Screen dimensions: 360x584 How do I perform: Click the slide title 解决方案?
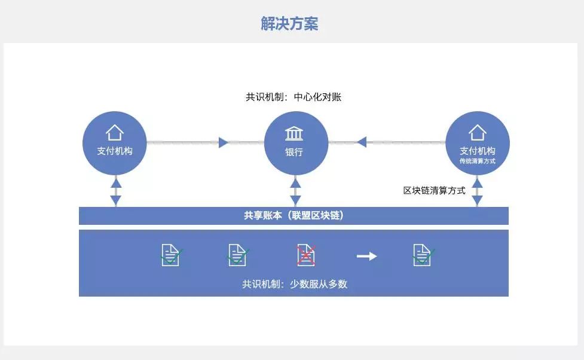pos(289,23)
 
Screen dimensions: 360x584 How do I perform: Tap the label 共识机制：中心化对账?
pos(293,97)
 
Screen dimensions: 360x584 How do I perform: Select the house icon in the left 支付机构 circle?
pos(114,132)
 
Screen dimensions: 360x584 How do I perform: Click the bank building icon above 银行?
pos(293,133)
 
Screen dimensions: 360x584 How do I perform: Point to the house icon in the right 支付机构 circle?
pos(477,132)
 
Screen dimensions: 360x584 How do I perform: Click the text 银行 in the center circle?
pos(294,152)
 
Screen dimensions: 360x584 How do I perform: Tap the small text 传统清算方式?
pos(477,161)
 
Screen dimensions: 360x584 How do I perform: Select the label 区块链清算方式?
pos(434,191)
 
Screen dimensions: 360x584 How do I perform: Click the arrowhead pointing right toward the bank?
pos(224,142)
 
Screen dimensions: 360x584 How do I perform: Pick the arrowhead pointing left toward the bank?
pos(362,142)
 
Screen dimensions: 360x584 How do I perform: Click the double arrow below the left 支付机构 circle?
pos(116,191)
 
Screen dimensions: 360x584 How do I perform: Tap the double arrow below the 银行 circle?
pos(295,191)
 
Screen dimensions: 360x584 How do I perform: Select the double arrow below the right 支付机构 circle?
pos(477,191)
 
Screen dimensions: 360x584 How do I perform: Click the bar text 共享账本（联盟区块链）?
pos(293,215)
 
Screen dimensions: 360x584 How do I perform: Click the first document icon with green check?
pos(171,255)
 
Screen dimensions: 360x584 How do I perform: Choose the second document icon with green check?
pos(238,255)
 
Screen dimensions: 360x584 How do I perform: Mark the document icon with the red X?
pos(306,255)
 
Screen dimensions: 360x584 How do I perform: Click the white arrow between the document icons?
pos(366,256)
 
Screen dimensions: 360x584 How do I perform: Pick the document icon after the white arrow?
pos(423,255)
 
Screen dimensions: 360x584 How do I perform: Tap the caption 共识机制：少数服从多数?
pos(294,284)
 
